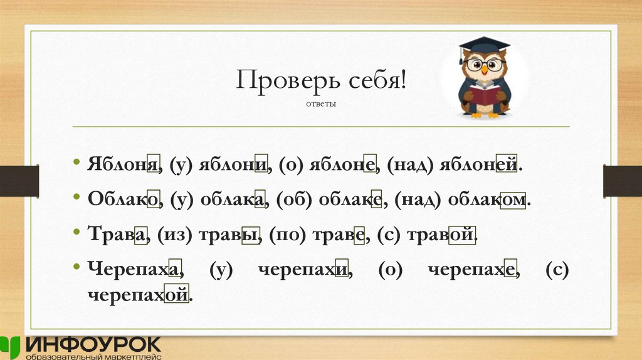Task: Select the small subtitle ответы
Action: tap(321, 104)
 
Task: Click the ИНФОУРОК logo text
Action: tap(94, 344)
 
